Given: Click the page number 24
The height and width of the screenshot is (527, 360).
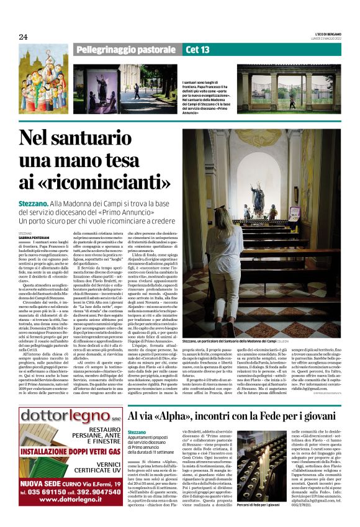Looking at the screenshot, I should coord(23,37).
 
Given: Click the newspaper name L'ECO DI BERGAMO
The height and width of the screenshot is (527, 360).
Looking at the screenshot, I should coord(328,34).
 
